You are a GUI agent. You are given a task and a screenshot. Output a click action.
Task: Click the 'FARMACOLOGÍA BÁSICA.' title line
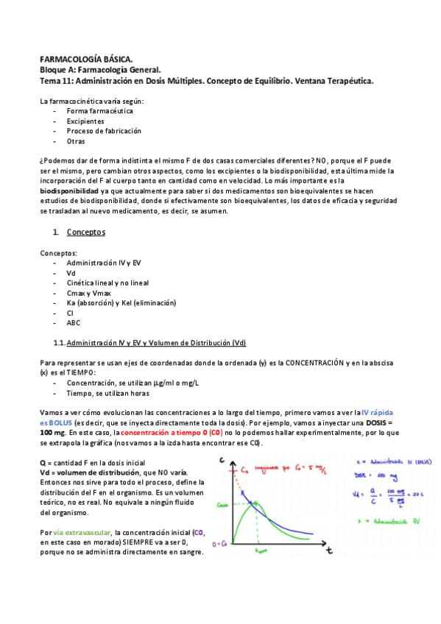click(86, 58)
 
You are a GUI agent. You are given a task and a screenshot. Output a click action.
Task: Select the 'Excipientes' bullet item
click(85, 121)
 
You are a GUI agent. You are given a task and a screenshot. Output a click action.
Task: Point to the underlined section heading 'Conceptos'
click(85, 233)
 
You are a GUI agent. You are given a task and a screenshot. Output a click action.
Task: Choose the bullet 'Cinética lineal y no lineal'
click(107, 282)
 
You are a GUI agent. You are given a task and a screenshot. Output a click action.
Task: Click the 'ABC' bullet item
click(74, 322)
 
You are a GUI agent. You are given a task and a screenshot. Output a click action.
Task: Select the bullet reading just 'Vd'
click(71, 272)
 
